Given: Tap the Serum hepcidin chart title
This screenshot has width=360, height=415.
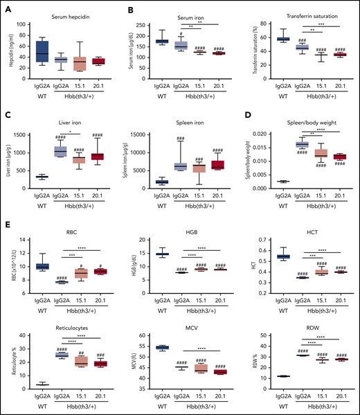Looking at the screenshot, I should pos(71,16).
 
